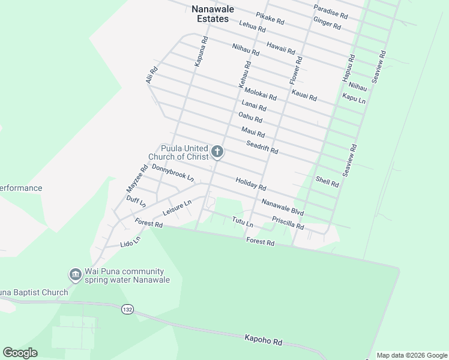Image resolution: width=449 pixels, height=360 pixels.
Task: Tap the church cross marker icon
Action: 217,152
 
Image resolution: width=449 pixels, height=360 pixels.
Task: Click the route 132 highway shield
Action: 126,309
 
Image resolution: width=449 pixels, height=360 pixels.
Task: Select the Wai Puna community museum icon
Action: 76,275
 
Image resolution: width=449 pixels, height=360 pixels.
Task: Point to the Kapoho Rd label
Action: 263,340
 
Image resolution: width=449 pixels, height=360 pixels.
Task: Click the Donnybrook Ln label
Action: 173,173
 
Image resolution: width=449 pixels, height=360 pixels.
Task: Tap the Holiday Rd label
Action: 250,184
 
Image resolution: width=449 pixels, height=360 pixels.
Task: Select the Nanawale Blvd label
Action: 282,208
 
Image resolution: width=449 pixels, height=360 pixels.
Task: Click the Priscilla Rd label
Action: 288,223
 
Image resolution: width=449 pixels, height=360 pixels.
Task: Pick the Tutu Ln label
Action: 243,222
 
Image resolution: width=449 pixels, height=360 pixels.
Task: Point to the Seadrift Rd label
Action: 262,147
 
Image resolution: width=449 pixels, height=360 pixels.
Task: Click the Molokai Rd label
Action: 260,93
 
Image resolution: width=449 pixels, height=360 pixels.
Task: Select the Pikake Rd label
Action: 270,19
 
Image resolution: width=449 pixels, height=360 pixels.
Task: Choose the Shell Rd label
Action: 327,182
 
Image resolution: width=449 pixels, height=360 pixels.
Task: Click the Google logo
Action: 20,353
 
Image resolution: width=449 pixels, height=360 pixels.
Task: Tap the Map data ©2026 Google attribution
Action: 411,355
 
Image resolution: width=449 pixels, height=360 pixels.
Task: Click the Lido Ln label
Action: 130,241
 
